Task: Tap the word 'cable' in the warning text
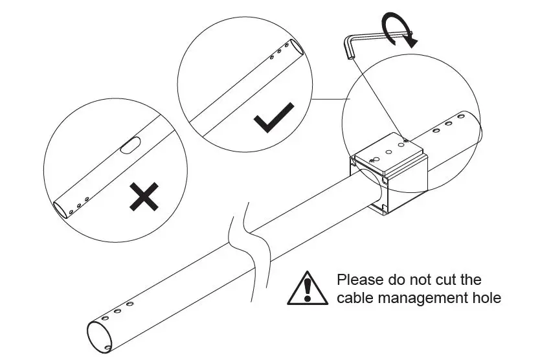354,298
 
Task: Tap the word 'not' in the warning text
418,281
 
